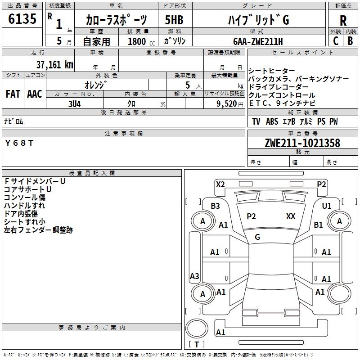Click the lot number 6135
point(22,19)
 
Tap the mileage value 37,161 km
point(54,64)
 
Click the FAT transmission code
point(13,94)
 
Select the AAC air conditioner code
point(35,94)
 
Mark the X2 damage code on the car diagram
point(220,184)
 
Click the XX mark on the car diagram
point(291,216)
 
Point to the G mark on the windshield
point(257,237)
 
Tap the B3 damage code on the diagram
point(215,206)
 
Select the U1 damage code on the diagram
point(326,206)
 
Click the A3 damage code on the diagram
point(194,276)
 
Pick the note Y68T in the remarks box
point(19,143)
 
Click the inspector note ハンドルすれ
point(24,206)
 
